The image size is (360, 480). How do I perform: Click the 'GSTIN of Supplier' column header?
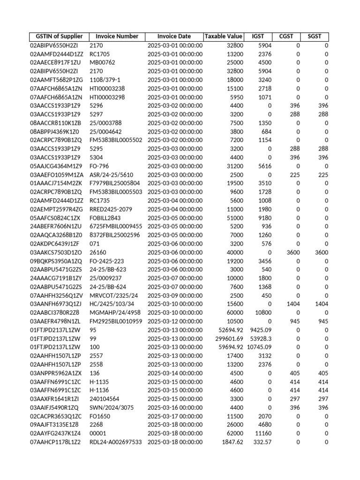tap(56, 37)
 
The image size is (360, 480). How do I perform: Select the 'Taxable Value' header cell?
tap(224, 37)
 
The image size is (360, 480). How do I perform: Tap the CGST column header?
tap(286, 37)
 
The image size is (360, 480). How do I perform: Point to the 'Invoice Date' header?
tap(174, 37)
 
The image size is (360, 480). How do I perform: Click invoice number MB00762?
tap(102, 63)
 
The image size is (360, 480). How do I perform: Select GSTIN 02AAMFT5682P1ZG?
tap(56, 80)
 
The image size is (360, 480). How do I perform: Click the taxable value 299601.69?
tap(229, 339)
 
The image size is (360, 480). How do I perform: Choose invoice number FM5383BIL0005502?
tap(115, 140)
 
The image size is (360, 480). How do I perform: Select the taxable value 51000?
tap(235, 218)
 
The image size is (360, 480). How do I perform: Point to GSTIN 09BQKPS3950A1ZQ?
tap(56, 261)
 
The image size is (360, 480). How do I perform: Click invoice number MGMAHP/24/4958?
tap(115, 313)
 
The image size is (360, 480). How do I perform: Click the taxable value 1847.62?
tap(232, 442)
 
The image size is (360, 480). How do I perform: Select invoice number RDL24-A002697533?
tap(115, 442)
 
